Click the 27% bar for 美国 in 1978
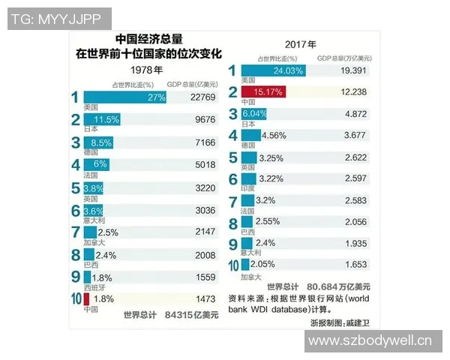coord(124,97)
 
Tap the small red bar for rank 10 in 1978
coord(87,300)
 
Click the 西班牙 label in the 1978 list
coord(94,288)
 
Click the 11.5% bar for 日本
coord(102,119)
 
